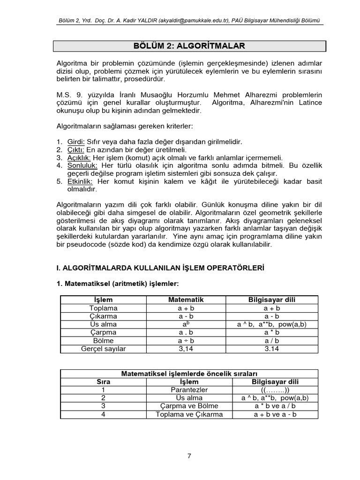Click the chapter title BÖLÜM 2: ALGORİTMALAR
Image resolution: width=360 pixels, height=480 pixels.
pos(189,45)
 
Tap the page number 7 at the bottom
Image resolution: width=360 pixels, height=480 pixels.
pos(189,455)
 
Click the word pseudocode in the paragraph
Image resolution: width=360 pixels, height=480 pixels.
pos(85,244)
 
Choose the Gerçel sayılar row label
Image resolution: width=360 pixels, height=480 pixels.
pos(103,349)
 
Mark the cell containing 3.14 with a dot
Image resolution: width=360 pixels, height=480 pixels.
pos(271,349)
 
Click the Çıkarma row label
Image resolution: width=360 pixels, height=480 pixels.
pos(103,316)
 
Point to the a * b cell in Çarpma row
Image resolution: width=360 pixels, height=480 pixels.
pos(271,332)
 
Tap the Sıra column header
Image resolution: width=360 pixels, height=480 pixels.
pos(103,382)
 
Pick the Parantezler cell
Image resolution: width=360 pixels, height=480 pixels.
pos(189,390)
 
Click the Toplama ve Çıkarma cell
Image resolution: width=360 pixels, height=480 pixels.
pos(189,414)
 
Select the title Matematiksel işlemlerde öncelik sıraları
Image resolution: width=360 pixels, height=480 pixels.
pos(189,374)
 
